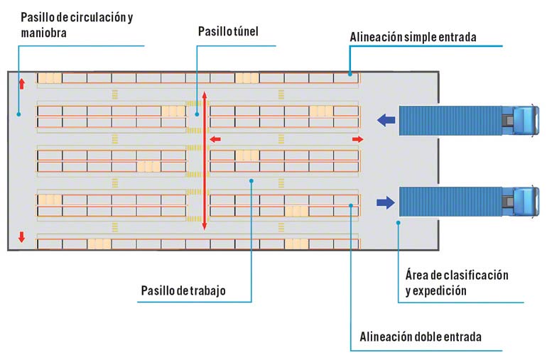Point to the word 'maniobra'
tap(40, 32)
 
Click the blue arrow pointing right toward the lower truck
tap(385, 203)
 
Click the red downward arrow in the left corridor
tap(21, 237)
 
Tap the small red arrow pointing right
tap(358, 138)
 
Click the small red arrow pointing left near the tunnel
tap(215, 138)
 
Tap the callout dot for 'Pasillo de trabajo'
tap(252, 181)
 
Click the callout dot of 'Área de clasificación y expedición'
tap(399, 222)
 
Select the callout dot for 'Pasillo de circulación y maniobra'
tap(19, 112)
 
